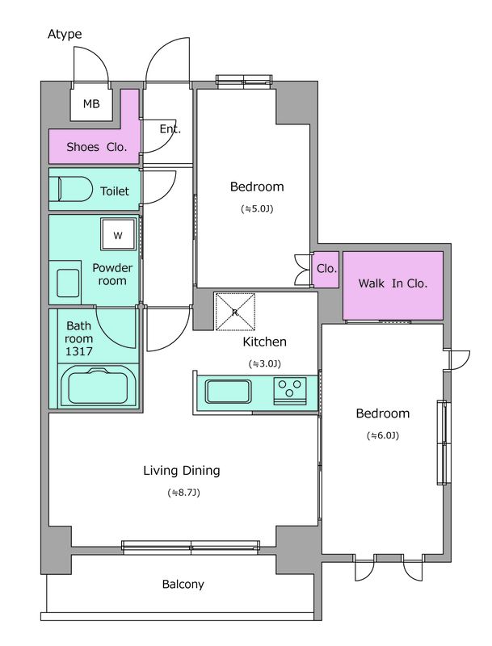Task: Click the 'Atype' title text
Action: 65,35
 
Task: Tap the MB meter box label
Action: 91,104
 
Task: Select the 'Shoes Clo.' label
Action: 96,147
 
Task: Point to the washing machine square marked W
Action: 118,234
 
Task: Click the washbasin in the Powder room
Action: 68,283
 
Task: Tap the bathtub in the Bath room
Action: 98,387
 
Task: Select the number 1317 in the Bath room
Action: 78,352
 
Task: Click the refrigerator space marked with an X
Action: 235,312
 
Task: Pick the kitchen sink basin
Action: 228,392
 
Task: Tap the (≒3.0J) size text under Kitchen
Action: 264,364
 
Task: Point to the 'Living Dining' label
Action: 181,471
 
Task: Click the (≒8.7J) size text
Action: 183,493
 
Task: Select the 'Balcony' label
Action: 183,584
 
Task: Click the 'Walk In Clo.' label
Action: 393,283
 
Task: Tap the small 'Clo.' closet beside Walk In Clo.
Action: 326,269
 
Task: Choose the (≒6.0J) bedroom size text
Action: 383,435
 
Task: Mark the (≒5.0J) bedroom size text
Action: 257,209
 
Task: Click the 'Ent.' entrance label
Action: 170,129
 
